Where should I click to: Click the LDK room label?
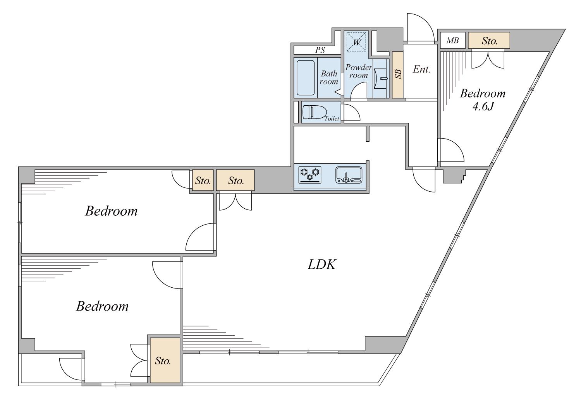pos(322,265)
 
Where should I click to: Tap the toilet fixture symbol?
pos(313,112)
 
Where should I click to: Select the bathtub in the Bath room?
pos(306,78)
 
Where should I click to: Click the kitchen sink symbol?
pos(349,175)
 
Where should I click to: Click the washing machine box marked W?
pos(356,42)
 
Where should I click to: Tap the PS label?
pos(320,50)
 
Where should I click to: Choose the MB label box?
pos(453,40)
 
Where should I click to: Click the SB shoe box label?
pos(398,74)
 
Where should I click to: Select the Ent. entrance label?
pos(421,69)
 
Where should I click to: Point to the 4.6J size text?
pos(483,106)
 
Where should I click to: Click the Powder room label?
pos(358,71)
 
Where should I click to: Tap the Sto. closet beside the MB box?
pos(489,40)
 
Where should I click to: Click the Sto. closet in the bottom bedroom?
pos(165,360)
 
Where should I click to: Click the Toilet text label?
pos(332,118)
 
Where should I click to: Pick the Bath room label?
pos(329,77)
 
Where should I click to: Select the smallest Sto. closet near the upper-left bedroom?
pos(203,180)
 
